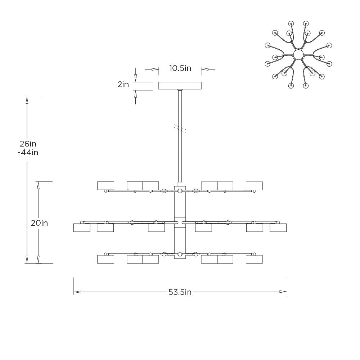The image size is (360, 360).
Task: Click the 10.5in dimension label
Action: tap(180, 68)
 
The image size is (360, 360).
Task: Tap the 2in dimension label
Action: tap(123, 85)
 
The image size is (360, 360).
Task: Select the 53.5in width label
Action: tap(180, 292)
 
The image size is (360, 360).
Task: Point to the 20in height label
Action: tap(39, 223)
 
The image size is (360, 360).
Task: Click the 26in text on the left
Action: tap(28, 144)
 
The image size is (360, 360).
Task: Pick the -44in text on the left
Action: tap(28, 152)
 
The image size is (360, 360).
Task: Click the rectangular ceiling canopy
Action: tap(180, 86)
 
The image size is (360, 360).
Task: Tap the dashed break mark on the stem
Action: tap(180, 129)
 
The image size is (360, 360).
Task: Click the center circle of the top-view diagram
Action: tap(298, 55)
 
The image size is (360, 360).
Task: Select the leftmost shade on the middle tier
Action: tap(82, 228)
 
